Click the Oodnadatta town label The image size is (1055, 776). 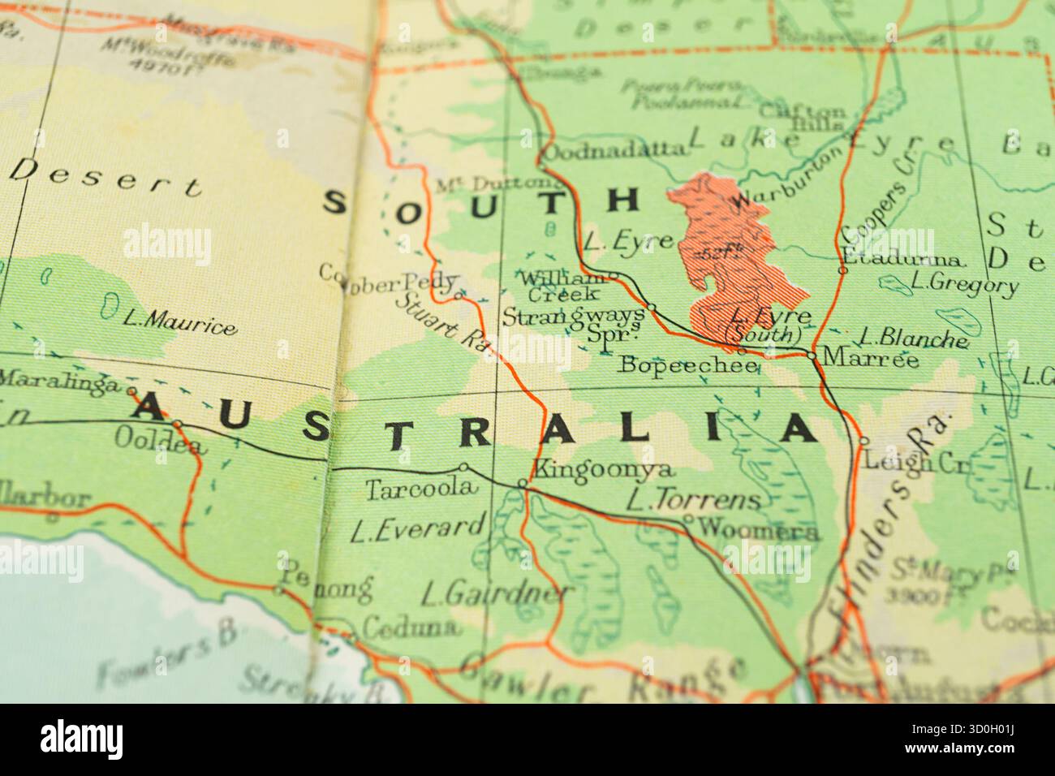pyautogui.click(x=613, y=150)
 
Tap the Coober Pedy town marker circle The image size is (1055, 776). pyautogui.click(x=458, y=295)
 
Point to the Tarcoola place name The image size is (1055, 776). pyautogui.click(x=418, y=489)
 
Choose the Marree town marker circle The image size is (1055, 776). pyautogui.click(x=812, y=356)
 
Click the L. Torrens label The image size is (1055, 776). pyautogui.click(x=694, y=499)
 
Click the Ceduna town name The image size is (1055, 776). pyautogui.click(x=410, y=627)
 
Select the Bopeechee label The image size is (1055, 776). pyautogui.click(x=688, y=365)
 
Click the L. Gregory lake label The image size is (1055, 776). pyautogui.click(x=963, y=284)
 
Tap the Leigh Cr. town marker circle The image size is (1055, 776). pyautogui.click(x=863, y=441)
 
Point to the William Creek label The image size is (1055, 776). pyautogui.click(x=562, y=286)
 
